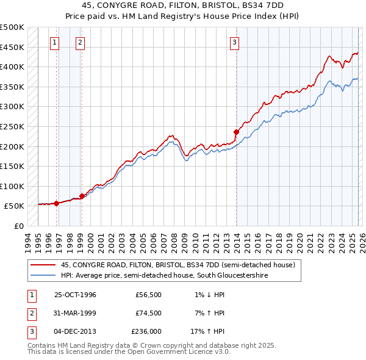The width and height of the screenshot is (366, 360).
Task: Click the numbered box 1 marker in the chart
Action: pos(56,42)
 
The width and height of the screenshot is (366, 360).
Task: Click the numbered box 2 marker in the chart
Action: pos(81,42)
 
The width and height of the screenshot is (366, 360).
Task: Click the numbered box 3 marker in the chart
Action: pos(234,42)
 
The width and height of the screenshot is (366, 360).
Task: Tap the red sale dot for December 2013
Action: pos(235,132)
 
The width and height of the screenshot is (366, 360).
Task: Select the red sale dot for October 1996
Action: pos(56,203)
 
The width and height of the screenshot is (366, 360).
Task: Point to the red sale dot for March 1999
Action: pos(82,196)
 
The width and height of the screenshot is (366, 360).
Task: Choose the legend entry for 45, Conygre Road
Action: pos(178,265)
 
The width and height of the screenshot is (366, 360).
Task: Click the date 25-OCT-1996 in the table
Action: pos(75,295)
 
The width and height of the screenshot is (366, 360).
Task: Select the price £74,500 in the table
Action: pos(149,313)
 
